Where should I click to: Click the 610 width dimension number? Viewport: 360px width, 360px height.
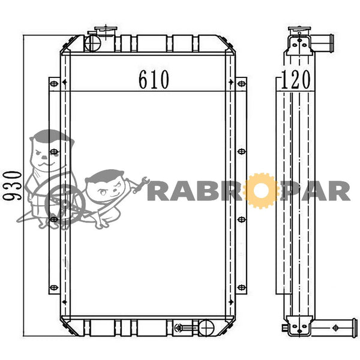click(154, 79)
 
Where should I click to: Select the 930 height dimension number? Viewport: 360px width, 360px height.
click(12, 185)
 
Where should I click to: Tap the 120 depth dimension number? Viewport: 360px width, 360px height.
click(295, 79)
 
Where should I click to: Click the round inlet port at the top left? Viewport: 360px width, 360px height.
click(92, 43)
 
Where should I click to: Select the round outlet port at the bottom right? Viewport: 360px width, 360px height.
click(206, 328)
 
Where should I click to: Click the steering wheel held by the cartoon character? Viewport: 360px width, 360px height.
click(65, 204)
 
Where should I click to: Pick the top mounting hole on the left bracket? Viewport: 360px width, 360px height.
click(54, 83)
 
